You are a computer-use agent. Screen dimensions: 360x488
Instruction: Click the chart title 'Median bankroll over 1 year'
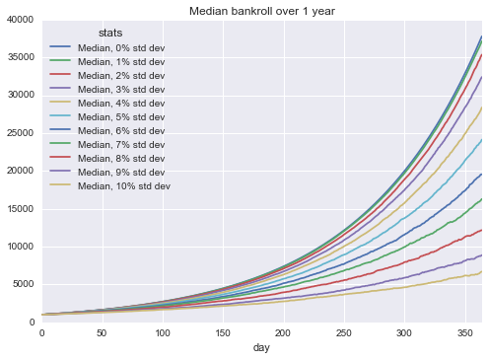tap(261, 10)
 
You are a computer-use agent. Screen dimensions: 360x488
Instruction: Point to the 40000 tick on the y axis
tap(19, 20)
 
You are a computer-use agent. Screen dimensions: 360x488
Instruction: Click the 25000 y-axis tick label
tap(19, 133)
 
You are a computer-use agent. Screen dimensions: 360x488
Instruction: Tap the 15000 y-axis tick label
tap(19, 209)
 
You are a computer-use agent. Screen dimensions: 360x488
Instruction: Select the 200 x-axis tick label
tap(283, 333)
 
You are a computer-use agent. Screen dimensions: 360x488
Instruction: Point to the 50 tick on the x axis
tap(103, 333)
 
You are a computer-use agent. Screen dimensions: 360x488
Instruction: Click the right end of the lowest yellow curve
tap(480, 273)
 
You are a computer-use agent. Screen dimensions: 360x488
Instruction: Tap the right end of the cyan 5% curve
tap(480, 139)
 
